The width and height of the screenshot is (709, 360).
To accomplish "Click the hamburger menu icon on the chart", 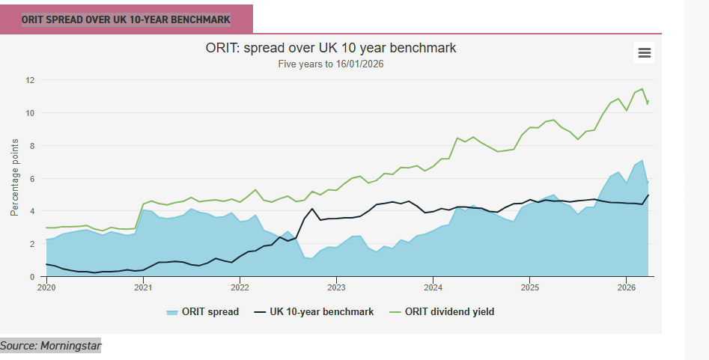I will click(x=644, y=52).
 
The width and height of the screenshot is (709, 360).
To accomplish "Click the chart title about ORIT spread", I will click(x=331, y=48).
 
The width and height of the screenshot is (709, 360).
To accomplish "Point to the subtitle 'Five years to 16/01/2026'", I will click(x=331, y=64).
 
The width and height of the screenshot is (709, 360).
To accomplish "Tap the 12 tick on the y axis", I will click(x=31, y=80).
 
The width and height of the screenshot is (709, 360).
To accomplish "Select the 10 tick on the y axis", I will click(x=31, y=113).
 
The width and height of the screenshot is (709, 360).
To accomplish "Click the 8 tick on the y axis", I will click(x=32, y=146).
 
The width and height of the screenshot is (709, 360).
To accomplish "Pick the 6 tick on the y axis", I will click(x=32, y=179).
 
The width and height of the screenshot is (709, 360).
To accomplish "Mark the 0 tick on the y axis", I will click(x=32, y=277).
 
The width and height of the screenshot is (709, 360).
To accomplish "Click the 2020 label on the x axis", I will click(x=46, y=287).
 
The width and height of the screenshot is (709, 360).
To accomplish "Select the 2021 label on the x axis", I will click(x=143, y=287).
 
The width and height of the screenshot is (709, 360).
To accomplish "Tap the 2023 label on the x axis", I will click(x=336, y=287).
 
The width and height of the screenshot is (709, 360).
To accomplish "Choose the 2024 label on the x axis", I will click(x=433, y=287).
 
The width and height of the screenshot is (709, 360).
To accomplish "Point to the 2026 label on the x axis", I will click(x=626, y=287).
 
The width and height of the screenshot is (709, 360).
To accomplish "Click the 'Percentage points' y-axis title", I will click(x=14, y=177).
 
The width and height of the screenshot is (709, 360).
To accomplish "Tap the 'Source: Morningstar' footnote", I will click(x=50, y=345).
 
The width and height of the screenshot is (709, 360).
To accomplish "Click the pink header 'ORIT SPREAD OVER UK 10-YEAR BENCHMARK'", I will click(x=126, y=19).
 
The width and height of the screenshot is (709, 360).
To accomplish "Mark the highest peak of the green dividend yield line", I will click(x=642, y=89).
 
